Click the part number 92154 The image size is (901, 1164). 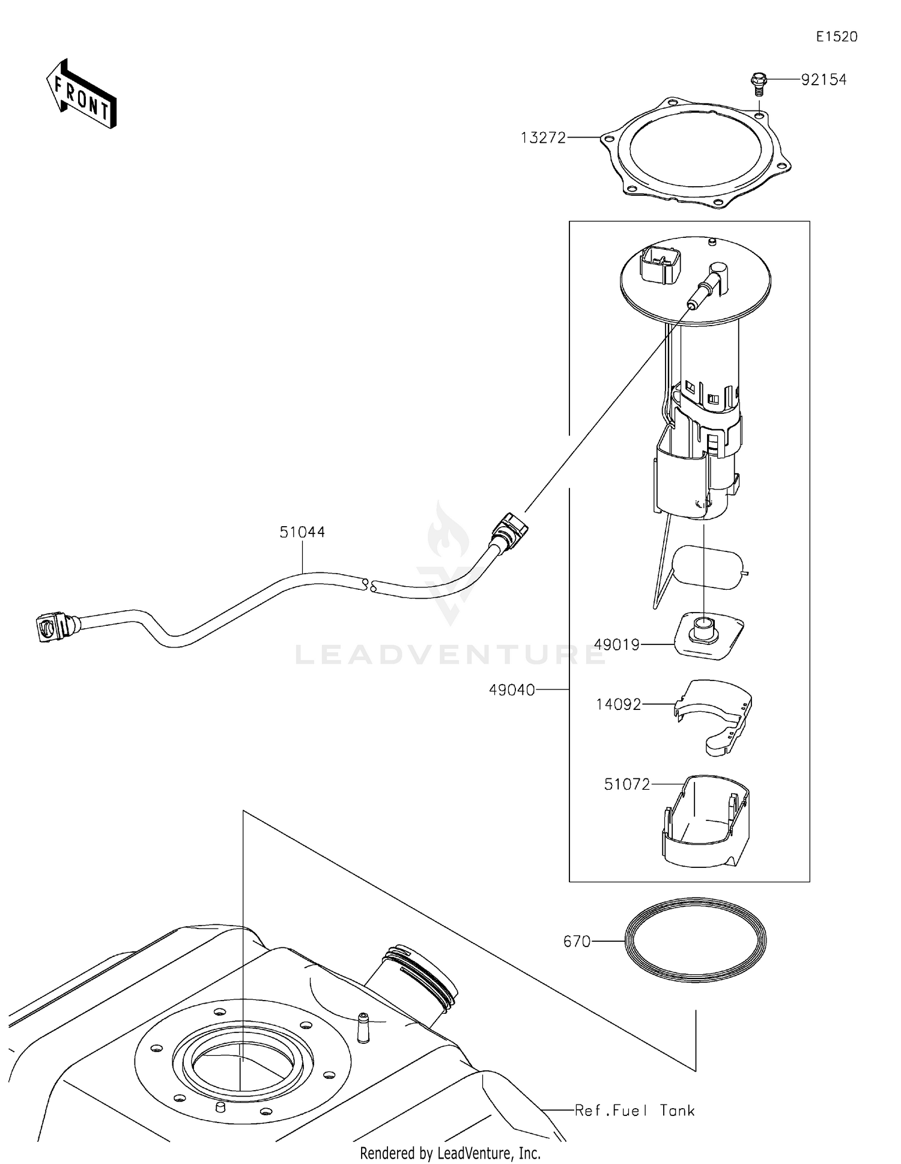pos(824,79)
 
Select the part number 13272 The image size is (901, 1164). pos(543,138)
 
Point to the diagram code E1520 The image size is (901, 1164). pos(836,37)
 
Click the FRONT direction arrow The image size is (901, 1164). pos(81,95)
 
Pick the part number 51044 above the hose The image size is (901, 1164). pos(302,532)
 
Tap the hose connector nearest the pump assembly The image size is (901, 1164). pos(510,529)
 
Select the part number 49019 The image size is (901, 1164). pos(617,644)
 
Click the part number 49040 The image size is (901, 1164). pos(512,690)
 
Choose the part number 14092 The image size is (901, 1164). pos(619,704)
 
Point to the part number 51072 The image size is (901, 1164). pos(627,784)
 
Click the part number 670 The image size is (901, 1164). pos(577,941)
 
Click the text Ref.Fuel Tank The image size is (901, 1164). pos(634,1110)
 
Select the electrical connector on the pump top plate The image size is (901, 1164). pos(661,264)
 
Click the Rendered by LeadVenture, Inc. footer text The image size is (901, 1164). pos(450,1153)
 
